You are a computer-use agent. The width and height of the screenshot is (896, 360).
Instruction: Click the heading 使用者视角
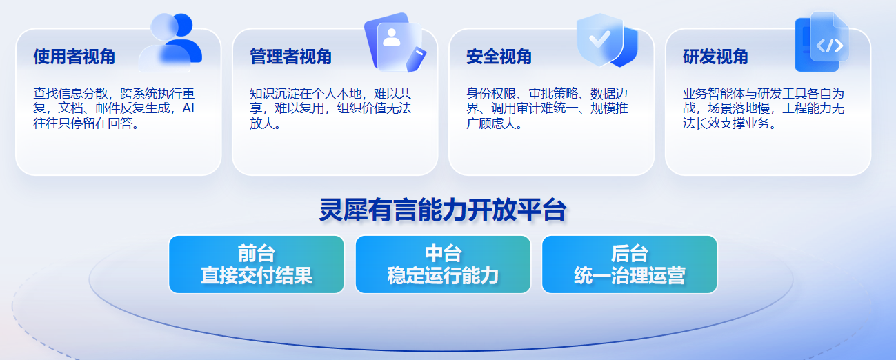[74, 57]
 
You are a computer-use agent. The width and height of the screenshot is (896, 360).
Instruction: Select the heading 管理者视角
[291, 57]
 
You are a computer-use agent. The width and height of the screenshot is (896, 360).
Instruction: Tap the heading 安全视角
[499, 57]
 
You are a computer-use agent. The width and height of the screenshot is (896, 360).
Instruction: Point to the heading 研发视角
[715, 57]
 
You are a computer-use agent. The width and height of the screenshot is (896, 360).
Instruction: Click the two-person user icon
[170, 42]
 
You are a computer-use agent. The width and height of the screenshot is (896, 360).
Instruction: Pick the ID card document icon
[395, 42]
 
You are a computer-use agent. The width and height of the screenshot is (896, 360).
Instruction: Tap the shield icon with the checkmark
[607, 41]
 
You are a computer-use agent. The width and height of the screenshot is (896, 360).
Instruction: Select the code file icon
[822, 42]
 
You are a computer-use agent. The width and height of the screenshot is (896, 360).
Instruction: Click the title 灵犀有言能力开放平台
[443, 210]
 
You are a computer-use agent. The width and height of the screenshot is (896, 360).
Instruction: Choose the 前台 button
[257, 264]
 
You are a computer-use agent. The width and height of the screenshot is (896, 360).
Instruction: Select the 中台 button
[443, 264]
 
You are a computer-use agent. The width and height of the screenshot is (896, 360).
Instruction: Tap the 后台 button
[630, 264]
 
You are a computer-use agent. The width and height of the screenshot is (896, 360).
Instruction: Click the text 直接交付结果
[257, 276]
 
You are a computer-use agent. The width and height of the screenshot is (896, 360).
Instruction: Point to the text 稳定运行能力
[443, 276]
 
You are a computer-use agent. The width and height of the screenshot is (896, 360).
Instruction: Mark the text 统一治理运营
[630, 276]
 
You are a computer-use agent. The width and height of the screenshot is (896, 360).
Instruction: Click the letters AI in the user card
[188, 108]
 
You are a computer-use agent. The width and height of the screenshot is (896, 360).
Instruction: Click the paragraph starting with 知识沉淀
[330, 108]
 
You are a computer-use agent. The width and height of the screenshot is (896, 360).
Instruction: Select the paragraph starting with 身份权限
[547, 108]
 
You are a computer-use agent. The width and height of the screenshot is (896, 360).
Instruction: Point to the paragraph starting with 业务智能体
[764, 108]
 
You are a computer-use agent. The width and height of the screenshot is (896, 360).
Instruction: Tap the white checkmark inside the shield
[599, 39]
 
